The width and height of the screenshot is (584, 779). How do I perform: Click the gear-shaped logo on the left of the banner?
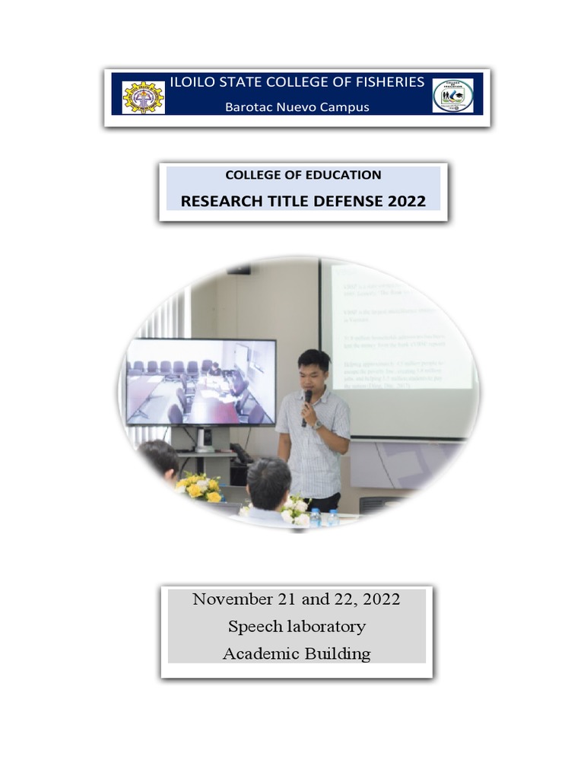coord(143,97)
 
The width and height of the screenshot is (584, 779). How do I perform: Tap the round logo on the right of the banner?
coord(452,96)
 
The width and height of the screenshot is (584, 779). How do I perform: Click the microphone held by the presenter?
coord(307,399)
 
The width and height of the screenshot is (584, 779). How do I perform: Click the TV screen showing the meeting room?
coord(201,383)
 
